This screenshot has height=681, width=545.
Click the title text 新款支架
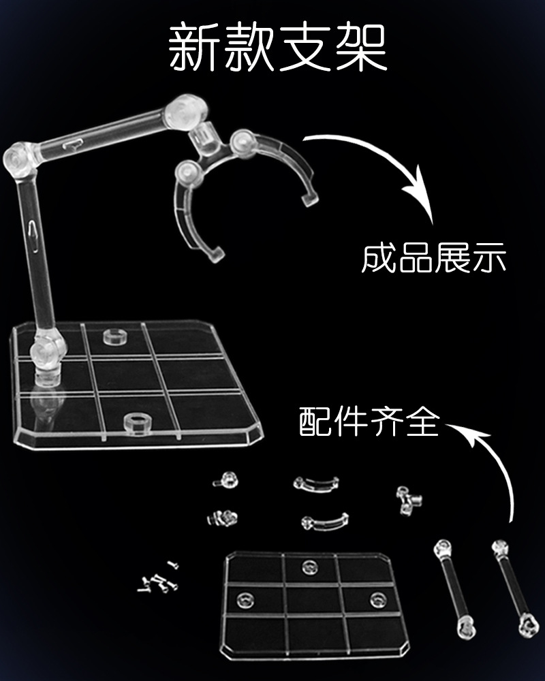tap(277, 48)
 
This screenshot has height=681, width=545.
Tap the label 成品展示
tap(434, 258)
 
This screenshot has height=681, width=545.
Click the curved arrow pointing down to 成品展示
tap(387, 160)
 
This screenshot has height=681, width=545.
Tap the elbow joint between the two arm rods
tap(20, 159)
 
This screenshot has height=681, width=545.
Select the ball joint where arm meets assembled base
tap(47, 352)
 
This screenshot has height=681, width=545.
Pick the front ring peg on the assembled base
tap(138, 424)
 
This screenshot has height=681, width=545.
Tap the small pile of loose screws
tap(158, 578)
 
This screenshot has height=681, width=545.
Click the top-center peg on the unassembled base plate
tap(309, 567)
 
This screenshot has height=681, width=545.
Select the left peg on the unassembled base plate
tap(245, 600)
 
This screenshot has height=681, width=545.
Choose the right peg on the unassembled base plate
tap(378, 599)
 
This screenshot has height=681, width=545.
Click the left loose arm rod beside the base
tap(454, 588)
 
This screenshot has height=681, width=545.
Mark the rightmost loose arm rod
tap(516, 588)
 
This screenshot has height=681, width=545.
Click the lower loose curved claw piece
tap(325, 522)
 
